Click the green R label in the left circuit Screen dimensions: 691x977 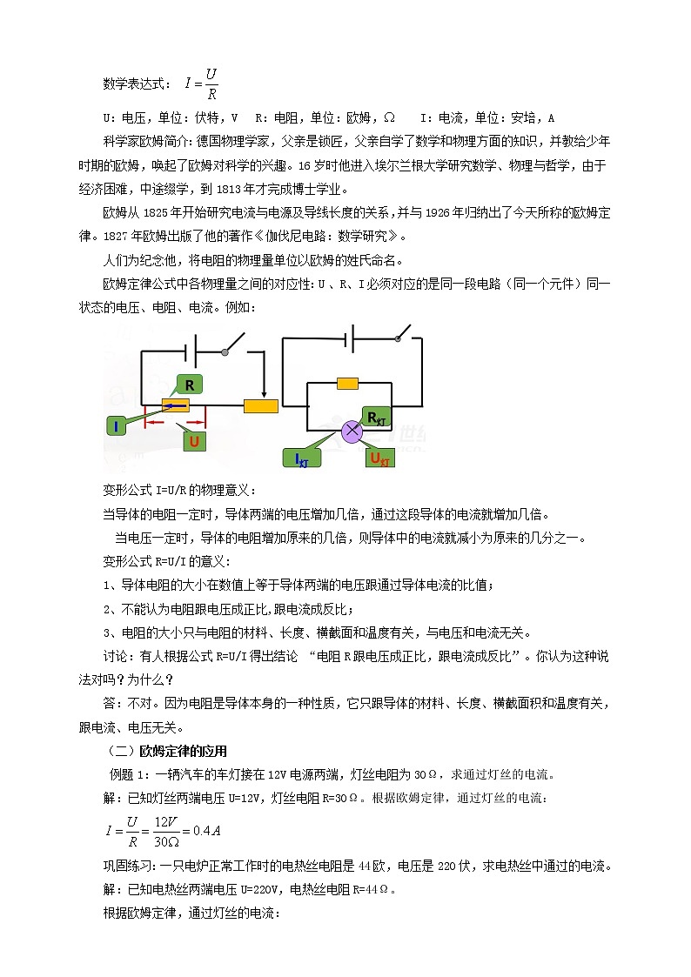(189, 385)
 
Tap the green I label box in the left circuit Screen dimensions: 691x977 (116, 425)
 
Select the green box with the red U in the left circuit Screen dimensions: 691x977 (194, 441)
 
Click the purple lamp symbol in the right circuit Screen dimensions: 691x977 (353, 430)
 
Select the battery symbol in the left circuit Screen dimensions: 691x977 (193, 351)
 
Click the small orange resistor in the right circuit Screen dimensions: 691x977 (348, 383)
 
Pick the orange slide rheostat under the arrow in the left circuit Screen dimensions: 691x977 (260, 405)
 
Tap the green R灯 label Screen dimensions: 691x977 (377, 418)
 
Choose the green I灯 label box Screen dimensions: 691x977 (303, 458)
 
